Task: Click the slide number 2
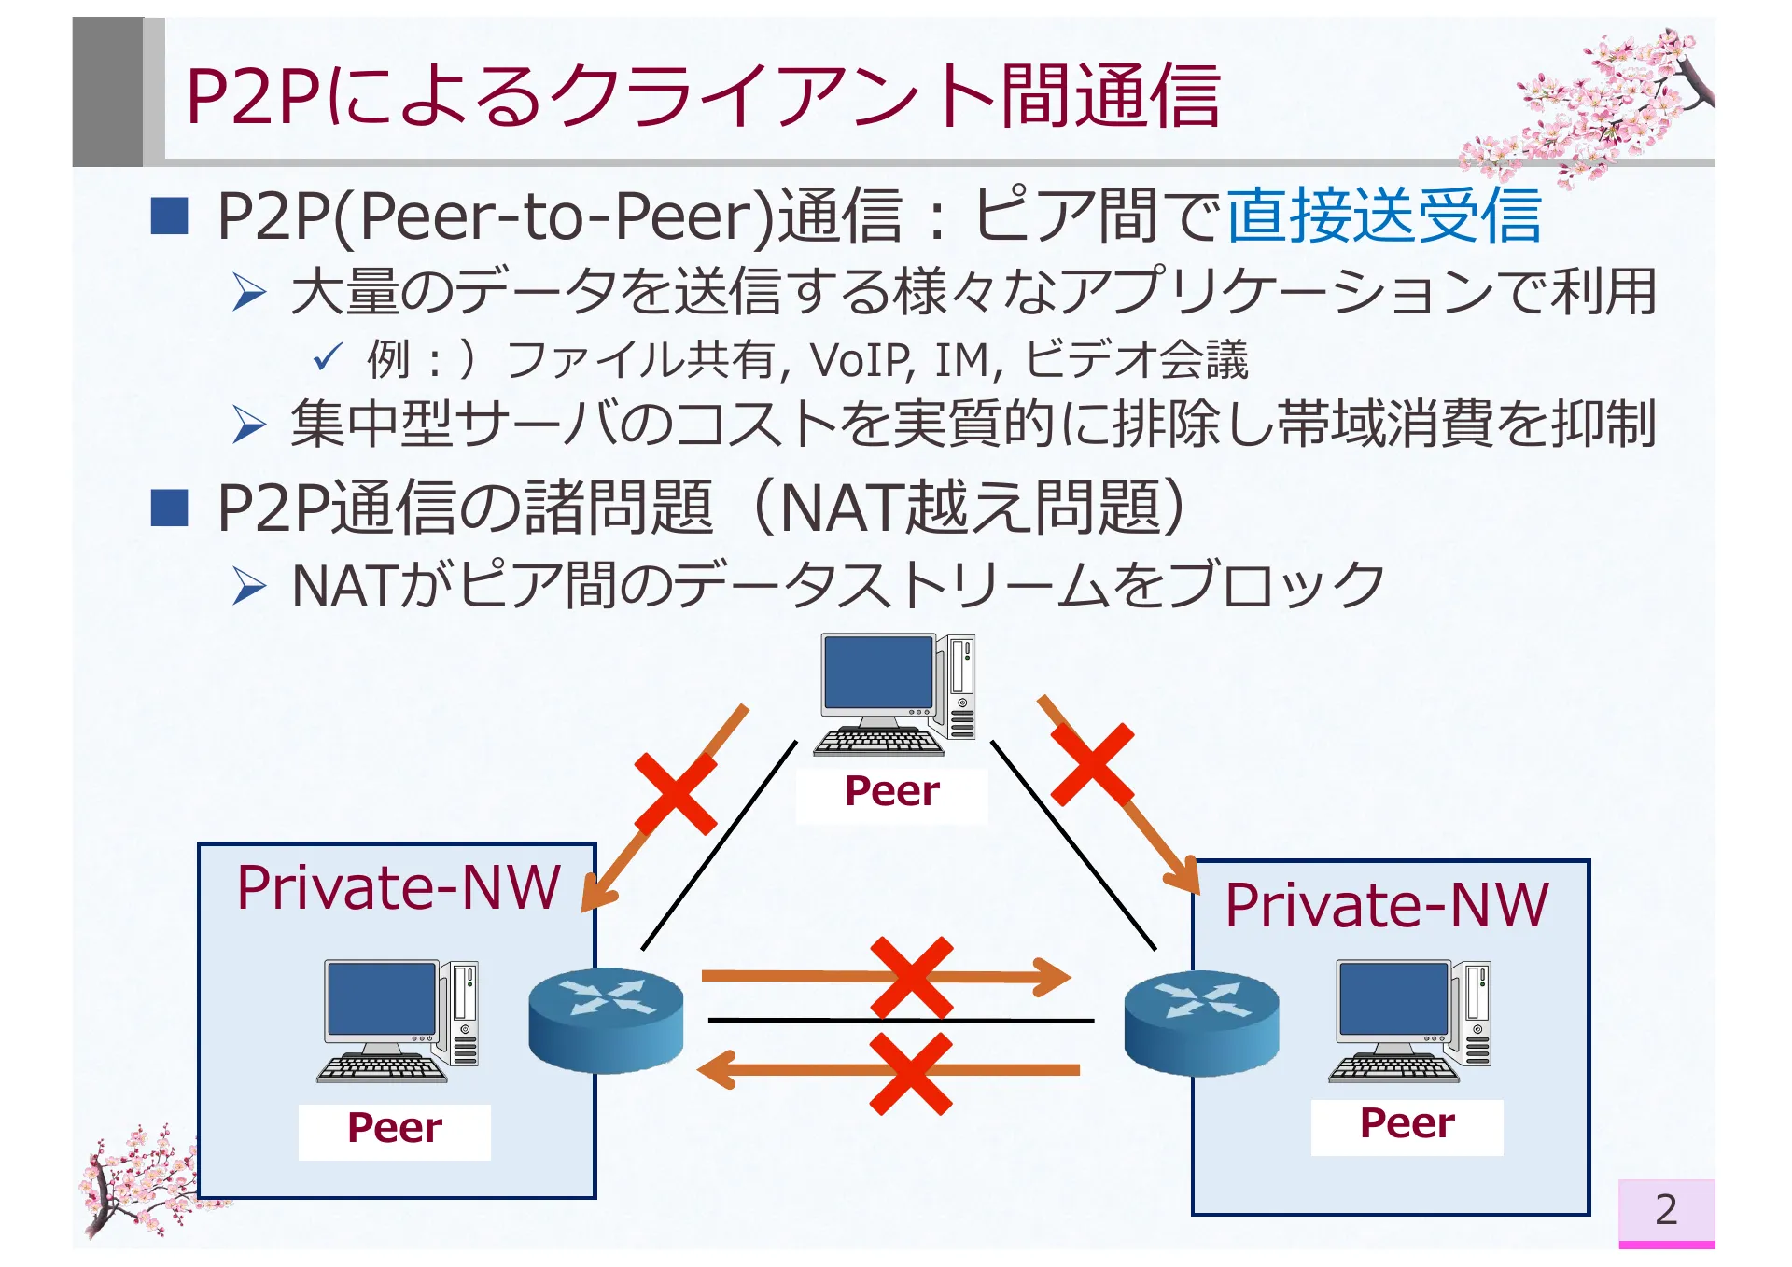[1666, 1210]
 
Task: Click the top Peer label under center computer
[891, 791]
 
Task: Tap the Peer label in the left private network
[394, 1128]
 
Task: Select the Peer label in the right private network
[1407, 1123]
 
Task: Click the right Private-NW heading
[1387, 905]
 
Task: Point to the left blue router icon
[606, 1019]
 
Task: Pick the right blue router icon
[1201, 1023]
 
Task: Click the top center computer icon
[895, 693]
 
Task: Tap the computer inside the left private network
[399, 1020]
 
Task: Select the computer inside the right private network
[1410, 1020]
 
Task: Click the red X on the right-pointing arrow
[912, 978]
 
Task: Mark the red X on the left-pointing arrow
[911, 1073]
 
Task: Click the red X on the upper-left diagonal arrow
[676, 794]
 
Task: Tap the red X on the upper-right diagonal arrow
[1092, 764]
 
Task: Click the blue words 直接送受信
[1383, 216]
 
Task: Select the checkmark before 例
[328, 356]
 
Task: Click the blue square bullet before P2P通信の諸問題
[170, 508]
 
